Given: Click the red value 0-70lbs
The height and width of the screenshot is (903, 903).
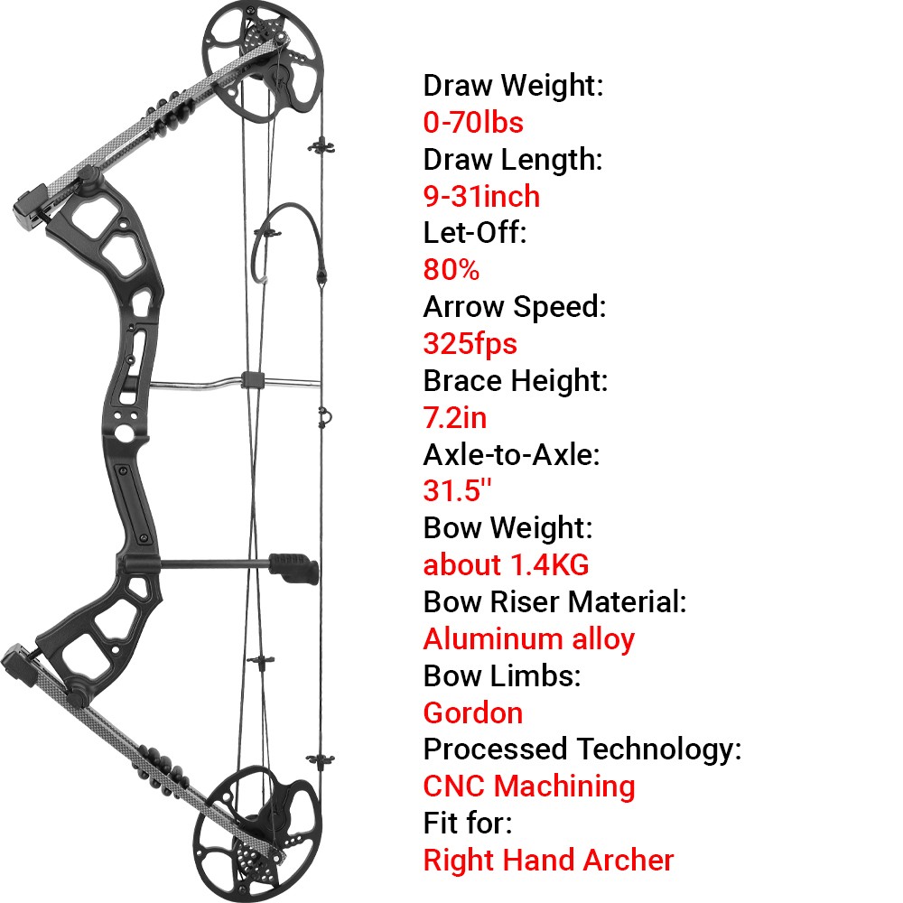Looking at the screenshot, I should point(473,122).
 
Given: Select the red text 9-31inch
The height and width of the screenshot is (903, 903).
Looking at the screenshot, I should point(481,196).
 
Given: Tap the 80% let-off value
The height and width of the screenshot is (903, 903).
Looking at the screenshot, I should point(451,270).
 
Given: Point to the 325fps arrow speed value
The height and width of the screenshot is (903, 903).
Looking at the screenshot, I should point(470,344).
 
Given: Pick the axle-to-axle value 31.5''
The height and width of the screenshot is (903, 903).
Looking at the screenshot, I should point(457,491).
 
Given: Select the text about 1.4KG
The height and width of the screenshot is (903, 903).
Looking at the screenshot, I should point(506,565).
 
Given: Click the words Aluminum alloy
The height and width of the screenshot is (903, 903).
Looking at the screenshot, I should point(528,639).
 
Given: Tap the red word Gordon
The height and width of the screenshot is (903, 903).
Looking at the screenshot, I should point(472,713).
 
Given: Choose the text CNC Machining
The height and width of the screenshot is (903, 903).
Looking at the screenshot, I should point(529,787).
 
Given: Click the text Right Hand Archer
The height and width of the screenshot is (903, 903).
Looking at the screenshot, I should point(548,861).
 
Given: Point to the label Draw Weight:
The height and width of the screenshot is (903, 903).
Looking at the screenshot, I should point(513,86).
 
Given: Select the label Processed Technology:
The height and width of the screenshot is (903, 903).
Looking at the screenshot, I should point(582,749).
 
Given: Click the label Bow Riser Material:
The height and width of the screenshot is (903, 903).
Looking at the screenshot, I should point(554,602).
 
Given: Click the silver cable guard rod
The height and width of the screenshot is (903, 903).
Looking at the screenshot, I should point(199,386).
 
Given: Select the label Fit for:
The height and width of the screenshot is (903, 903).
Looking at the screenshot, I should point(467,824).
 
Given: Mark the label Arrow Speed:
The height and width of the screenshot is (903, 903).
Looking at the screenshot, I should point(514,307).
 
